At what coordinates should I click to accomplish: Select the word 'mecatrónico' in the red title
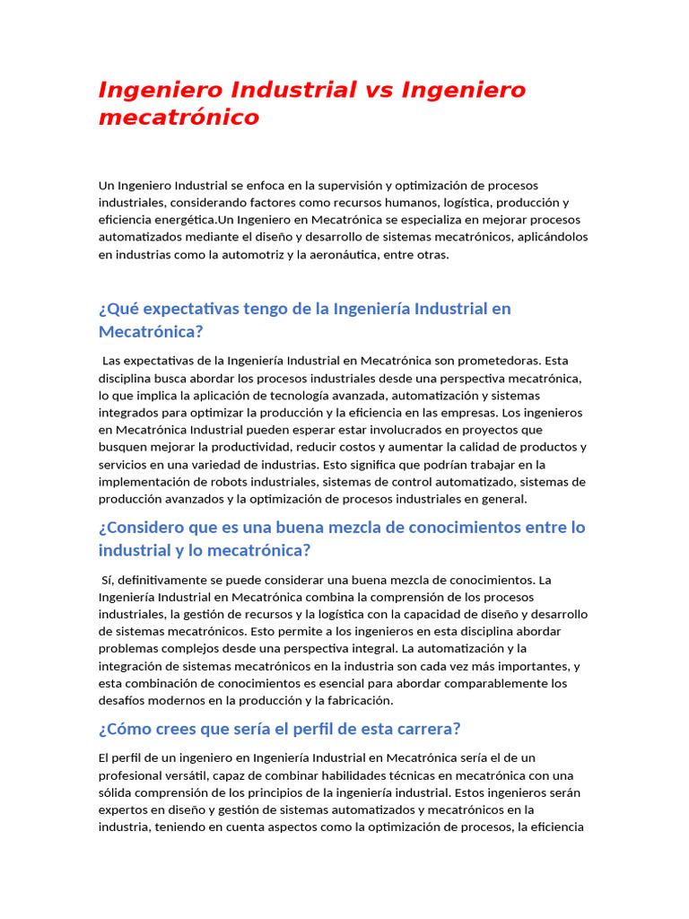coord(179,118)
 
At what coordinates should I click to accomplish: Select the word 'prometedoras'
coord(498,361)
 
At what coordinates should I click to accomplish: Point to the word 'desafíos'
coord(121,701)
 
